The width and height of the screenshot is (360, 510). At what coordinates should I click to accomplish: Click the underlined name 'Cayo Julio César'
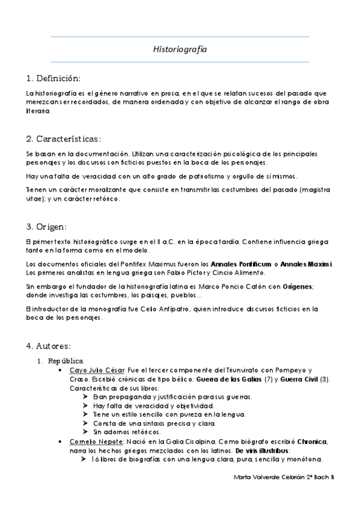[x=93, y=370]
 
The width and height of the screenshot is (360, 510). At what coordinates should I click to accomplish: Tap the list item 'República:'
[x=67, y=361]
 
